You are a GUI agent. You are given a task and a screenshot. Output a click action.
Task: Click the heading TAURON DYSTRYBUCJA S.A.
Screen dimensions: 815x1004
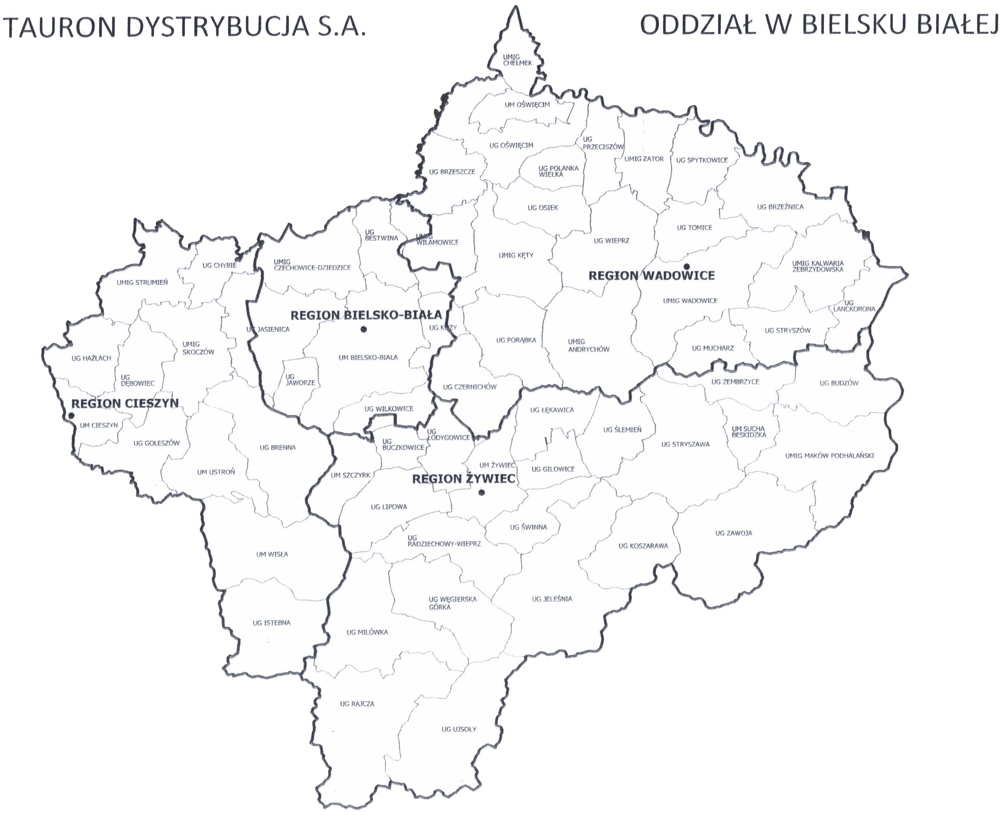(184, 27)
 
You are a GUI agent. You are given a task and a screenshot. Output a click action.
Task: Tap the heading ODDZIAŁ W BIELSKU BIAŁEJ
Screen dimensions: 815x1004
(820, 25)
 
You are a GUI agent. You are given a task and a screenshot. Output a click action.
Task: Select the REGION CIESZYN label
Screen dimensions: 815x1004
(125, 403)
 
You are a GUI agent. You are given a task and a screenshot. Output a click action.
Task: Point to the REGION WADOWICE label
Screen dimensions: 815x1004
(651, 276)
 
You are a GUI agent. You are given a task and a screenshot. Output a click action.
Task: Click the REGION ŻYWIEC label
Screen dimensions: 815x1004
(463, 479)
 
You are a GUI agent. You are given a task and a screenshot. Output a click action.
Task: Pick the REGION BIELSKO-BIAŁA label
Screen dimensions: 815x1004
(366, 315)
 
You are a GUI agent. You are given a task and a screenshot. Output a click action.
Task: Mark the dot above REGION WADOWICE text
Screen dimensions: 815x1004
(686, 267)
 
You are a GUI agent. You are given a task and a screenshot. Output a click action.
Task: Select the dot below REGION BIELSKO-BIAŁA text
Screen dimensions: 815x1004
(363, 330)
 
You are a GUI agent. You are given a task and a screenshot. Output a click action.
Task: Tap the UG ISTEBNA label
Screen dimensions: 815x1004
(272, 623)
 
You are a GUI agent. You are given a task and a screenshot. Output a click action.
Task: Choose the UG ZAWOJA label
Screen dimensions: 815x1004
(734, 533)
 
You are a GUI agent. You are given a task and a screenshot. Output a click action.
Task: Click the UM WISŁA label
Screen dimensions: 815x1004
(272, 554)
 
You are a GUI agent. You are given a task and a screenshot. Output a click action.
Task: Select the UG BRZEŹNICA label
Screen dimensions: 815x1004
(780, 207)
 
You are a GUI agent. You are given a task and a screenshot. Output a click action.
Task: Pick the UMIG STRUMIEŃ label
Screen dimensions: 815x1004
(142, 283)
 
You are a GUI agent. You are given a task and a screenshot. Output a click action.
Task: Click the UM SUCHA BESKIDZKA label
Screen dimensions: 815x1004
(749, 431)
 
